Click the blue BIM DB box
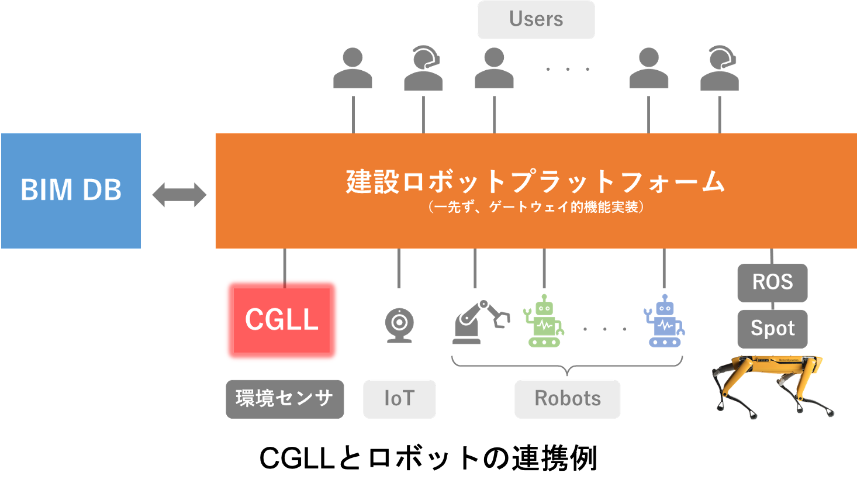pyautogui.click(x=71, y=191)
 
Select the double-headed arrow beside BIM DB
pyautogui.click(x=179, y=195)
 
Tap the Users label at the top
pyautogui.click(x=535, y=19)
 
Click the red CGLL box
pyautogui.click(x=282, y=320)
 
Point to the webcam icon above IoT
pyautogui.click(x=399, y=324)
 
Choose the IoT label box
pyautogui.click(x=399, y=399)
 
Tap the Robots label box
pyautogui.click(x=567, y=399)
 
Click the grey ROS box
pyautogui.click(x=772, y=282)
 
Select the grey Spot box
pyautogui.click(x=772, y=329)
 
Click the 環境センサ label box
pyautogui.click(x=285, y=399)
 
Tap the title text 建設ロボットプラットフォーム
pyautogui.click(x=535, y=181)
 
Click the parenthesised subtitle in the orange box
pyautogui.click(x=535, y=207)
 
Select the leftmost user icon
pyautogui.click(x=353, y=69)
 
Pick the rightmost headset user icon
pyautogui.click(x=720, y=69)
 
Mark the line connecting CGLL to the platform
pyautogui.click(x=284, y=266)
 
